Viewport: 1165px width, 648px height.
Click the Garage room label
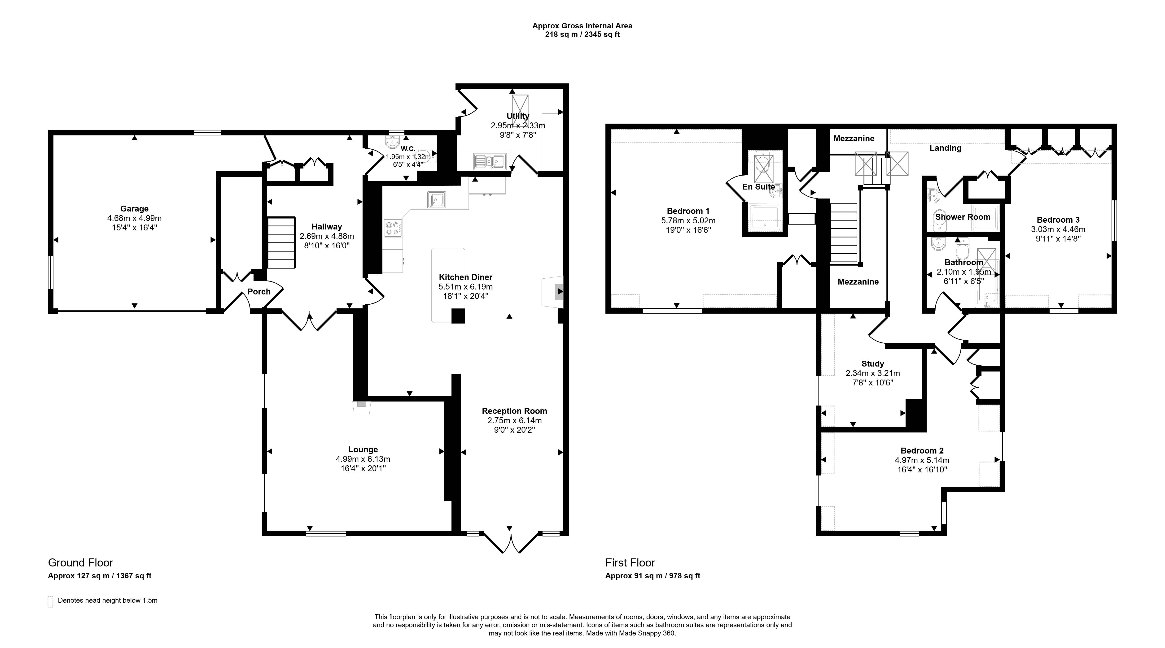[134, 209]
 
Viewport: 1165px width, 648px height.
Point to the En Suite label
[758, 187]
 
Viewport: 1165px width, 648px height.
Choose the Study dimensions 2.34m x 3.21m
[872, 373]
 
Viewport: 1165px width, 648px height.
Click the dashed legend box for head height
[50, 601]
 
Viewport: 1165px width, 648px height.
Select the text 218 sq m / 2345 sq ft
[582, 34]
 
